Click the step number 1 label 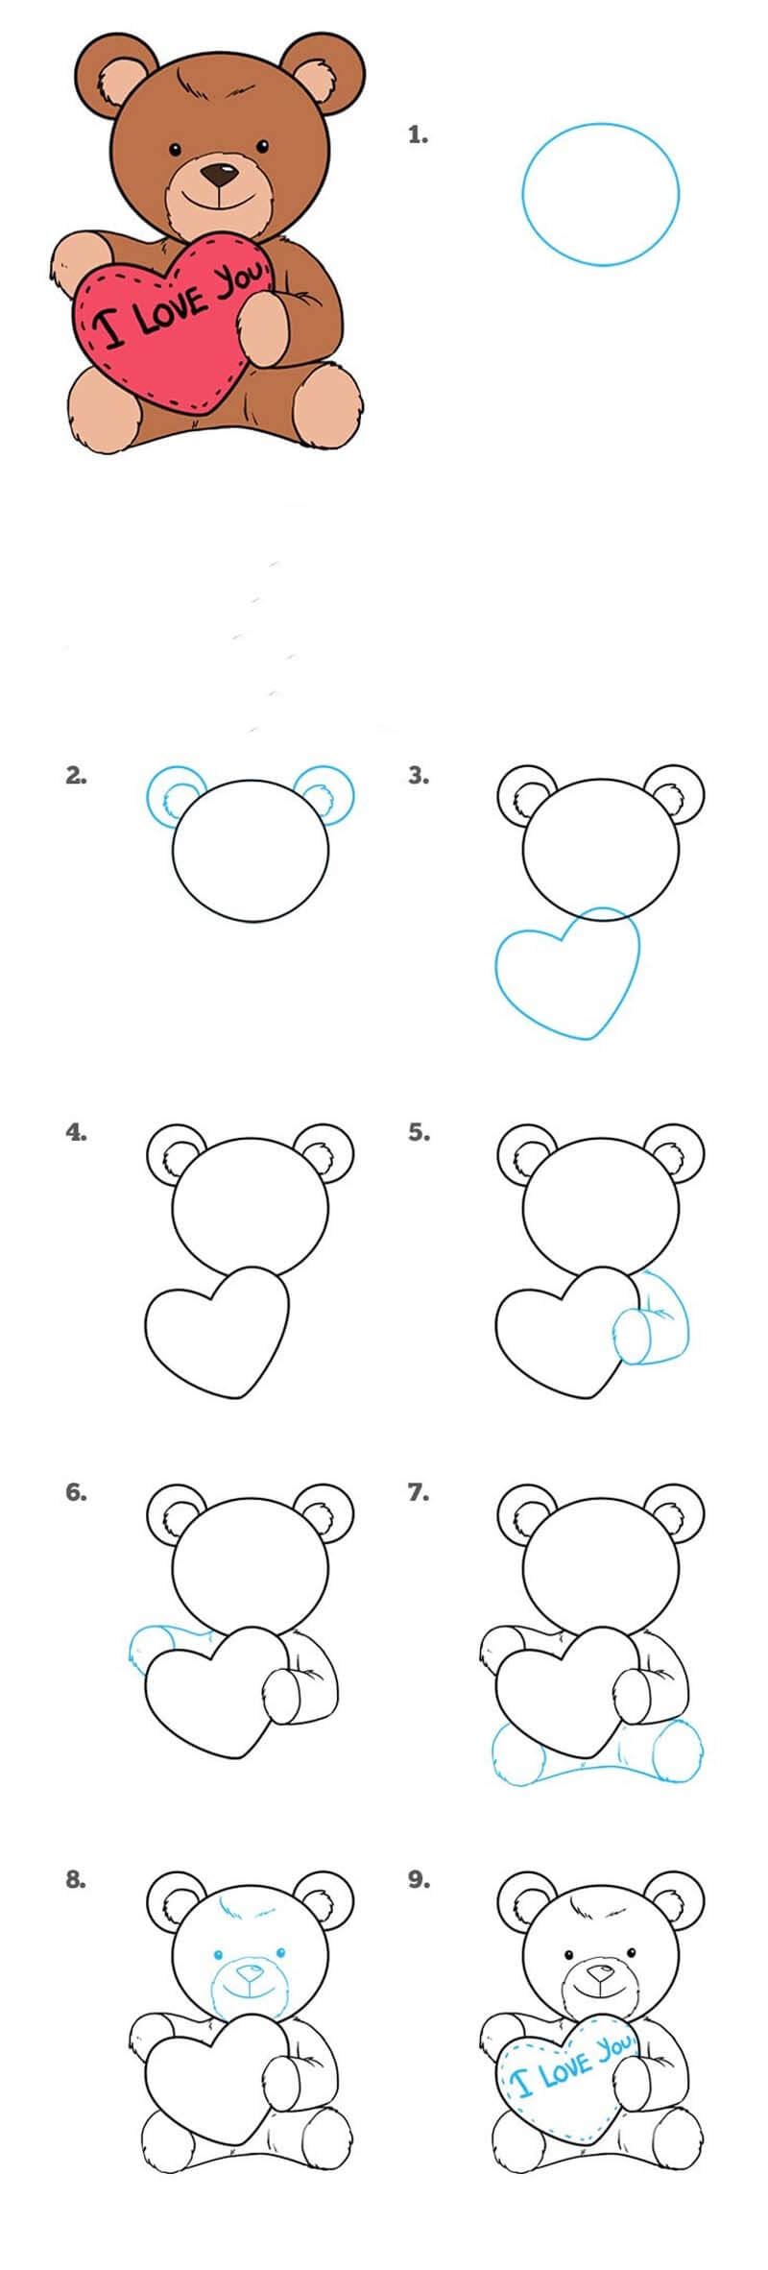point(418,135)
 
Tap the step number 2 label point(76,776)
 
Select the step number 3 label point(418,776)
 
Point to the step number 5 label point(418,1132)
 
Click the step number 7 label point(418,1492)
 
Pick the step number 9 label point(418,1879)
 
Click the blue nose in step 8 point(252,1971)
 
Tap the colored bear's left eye point(176,149)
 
